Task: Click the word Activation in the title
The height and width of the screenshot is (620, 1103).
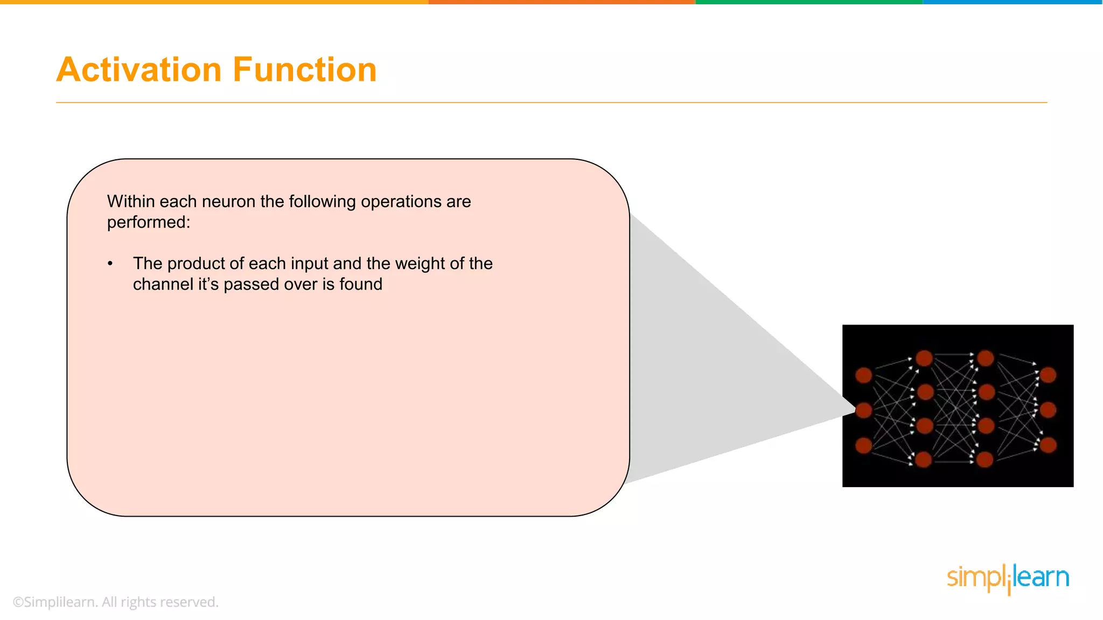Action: click(x=139, y=70)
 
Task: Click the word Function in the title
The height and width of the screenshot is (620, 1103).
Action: click(x=304, y=70)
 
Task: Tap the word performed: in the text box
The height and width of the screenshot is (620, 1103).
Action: click(x=149, y=222)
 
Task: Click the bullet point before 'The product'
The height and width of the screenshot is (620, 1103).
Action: click(x=110, y=264)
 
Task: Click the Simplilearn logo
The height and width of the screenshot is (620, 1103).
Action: click(x=1008, y=578)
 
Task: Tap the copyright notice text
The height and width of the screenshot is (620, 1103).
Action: click(x=116, y=602)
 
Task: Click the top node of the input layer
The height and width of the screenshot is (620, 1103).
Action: click(x=863, y=375)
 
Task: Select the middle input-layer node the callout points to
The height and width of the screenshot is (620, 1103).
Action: click(x=863, y=410)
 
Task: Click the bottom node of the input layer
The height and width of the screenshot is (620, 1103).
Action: click(x=863, y=445)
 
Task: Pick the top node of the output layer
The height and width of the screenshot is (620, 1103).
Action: click(x=1048, y=375)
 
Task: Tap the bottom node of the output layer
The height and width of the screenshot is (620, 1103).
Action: click(x=1048, y=445)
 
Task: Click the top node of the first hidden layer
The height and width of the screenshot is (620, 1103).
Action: click(x=924, y=358)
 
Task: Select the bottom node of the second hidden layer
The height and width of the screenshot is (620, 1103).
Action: click(x=985, y=460)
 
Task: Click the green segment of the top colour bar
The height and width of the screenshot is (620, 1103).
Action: click(x=808, y=2)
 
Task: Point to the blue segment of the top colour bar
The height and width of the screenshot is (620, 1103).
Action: click(x=1013, y=2)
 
